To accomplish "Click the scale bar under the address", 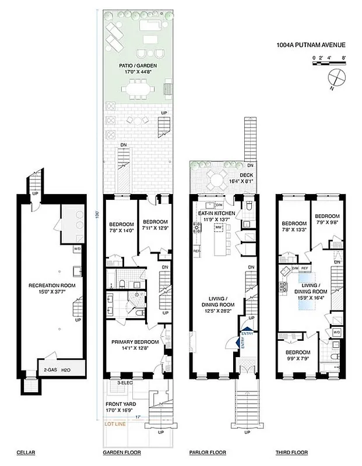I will pyautogui.click(x=330, y=62).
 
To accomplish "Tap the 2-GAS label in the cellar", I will pyautogui.click(x=50, y=369).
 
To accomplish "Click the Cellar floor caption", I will pyautogui.click(x=26, y=452).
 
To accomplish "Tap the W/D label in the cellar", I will pyautogui.click(x=76, y=249).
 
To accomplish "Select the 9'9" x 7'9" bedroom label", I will pyautogui.click(x=297, y=355).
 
